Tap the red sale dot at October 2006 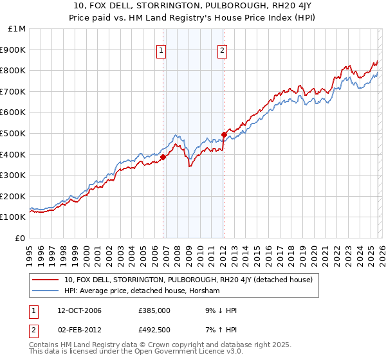[x=163, y=157]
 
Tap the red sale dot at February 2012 [x=224, y=134]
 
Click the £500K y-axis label [x=14, y=134]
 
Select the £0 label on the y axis [x=21, y=238]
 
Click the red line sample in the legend [x=46, y=280]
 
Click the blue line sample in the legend [x=46, y=291]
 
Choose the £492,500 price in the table [x=154, y=330]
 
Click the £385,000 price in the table [x=154, y=310]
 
